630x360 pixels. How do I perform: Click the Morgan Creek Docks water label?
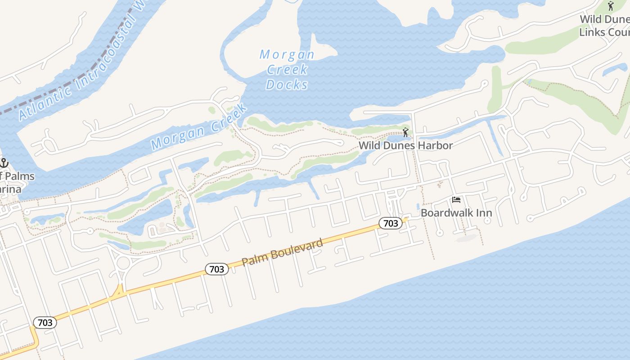pos(287,69)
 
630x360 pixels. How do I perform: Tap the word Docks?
pos(287,84)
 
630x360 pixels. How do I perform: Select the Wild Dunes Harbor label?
pos(405,145)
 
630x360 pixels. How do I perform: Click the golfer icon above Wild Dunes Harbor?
pos(405,132)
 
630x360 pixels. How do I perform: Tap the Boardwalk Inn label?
pos(456,212)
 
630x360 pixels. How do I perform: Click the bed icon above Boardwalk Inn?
pos(456,200)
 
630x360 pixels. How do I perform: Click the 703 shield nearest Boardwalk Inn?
pos(390,223)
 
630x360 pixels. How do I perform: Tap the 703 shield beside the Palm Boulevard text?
pos(217,269)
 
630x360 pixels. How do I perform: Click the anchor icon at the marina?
pos(4,163)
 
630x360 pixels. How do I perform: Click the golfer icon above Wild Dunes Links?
pos(611,6)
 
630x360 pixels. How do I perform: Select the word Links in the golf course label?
pos(591,32)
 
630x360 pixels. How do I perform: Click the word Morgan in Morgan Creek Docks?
pos(287,54)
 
